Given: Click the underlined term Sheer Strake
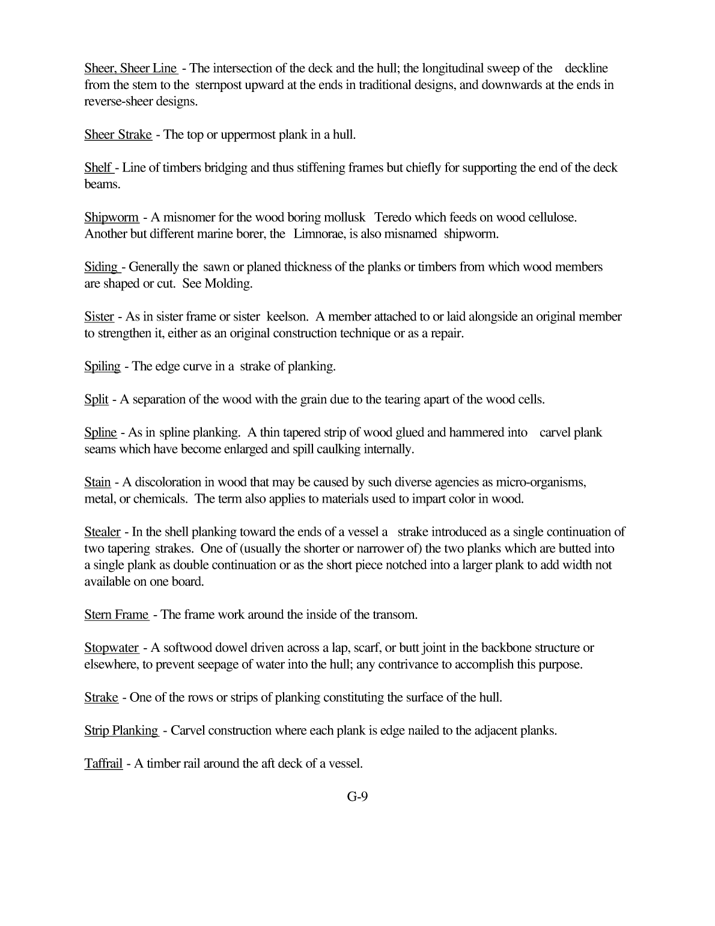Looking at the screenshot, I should coord(118,135).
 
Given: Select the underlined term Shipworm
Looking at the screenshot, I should coord(112,218).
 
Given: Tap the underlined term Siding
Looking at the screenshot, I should coord(101,267).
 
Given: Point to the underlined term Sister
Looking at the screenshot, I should coord(99,317).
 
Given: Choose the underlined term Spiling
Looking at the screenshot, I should coord(102,366).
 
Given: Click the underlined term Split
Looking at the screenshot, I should coord(96,399).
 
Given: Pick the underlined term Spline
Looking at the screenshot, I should coord(100,433).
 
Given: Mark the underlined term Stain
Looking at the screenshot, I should coord(97,482).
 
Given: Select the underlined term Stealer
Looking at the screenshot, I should coord(102,532).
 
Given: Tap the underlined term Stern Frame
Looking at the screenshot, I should coord(116,615).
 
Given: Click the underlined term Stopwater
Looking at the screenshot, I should coord(111,648).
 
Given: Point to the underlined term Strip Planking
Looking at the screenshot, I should coord(121,731).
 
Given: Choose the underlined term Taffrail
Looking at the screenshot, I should coord(103,764).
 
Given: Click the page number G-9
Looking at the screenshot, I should coord(357,797).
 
